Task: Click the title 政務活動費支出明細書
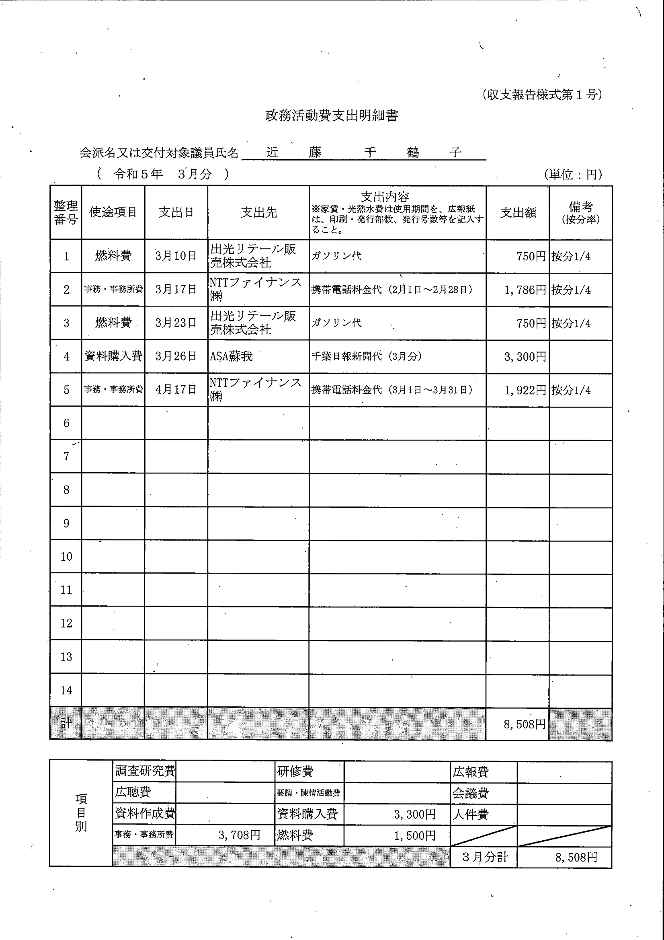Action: pyautogui.click(x=331, y=116)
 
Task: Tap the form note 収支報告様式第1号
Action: pyautogui.click(x=542, y=95)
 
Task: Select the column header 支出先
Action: pyautogui.click(x=258, y=212)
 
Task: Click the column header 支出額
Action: pyautogui.click(x=518, y=212)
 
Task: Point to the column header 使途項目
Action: pyautogui.click(x=113, y=212)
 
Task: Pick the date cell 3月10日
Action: pyautogui.click(x=176, y=256)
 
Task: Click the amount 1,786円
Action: pyautogui.click(x=525, y=290)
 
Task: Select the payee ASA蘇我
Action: pyautogui.click(x=231, y=356)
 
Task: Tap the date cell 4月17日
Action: pyautogui.click(x=176, y=389)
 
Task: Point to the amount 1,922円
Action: pyautogui.click(x=525, y=390)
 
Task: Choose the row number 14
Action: pyautogui.click(x=66, y=690)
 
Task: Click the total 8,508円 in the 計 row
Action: pyautogui.click(x=524, y=725)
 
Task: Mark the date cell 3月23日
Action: pyautogui.click(x=176, y=323)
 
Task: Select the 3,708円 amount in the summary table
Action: pyautogui.click(x=239, y=835)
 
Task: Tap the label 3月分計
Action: pyautogui.click(x=485, y=857)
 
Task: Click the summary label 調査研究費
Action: pyautogui.click(x=145, y=771)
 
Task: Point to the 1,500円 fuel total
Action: pyautogui.click(x=414, y=835)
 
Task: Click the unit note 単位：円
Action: pyautogui.click(x=573, y=175)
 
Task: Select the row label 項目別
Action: pyautogui.click(x=81, y=812)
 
